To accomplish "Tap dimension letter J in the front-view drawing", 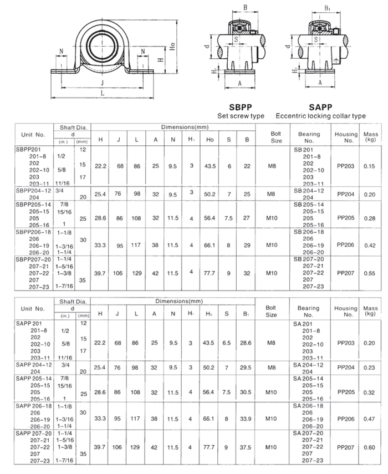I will point(104,83).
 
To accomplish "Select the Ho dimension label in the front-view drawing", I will point(173,48).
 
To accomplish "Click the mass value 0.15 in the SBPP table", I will point(369,165).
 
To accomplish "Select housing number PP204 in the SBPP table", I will point(345,195).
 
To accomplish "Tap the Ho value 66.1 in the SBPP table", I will point(210,244).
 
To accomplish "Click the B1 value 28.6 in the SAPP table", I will point(245,343).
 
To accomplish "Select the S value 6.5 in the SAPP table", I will point(227,343).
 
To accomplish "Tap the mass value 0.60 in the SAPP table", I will point(369,447).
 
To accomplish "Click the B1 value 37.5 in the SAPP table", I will point(245,447).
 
